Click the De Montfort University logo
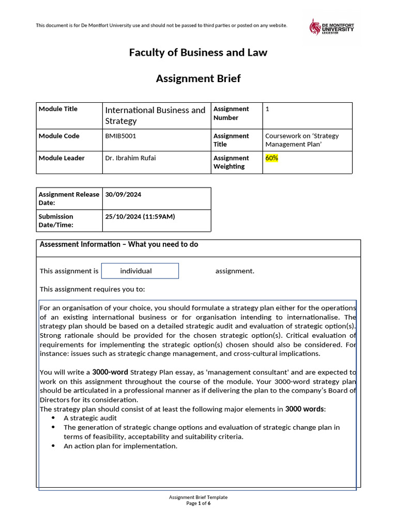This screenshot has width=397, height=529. [331, 27]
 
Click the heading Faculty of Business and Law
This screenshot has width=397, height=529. [198, 53]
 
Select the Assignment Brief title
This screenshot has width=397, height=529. [198, 79]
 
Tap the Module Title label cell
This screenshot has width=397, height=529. [58, 109]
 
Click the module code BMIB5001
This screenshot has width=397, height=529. [120, 136]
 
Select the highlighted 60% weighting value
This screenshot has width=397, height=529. [271, 158]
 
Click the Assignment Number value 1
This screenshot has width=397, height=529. [267, 109]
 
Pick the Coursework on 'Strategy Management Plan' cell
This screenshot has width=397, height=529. [302, 140]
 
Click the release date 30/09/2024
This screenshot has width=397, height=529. [123, 195]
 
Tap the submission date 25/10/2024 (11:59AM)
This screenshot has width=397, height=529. [140, 216]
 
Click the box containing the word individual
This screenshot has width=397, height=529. [140, 271]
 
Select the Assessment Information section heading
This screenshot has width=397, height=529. [119, 244]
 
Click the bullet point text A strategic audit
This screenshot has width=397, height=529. [90, 418]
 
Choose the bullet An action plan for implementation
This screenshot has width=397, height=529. [120, 446]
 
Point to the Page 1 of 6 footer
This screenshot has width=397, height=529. [198, 503]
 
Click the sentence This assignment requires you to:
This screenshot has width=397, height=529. [93, 289]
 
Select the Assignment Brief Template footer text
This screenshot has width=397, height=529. [198, 497]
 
